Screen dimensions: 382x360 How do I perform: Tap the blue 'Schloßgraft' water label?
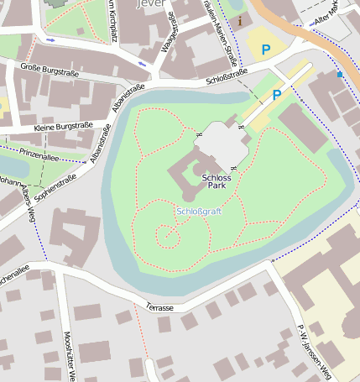click(x=199, y=211)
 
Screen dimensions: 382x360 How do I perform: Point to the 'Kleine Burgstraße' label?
click(x=63, y=126)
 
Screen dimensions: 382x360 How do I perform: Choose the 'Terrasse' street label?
click(x=159, y=308)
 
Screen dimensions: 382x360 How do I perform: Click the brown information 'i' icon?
click(x=241, y=20)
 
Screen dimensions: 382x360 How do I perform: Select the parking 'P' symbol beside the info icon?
click(x=266, y=50)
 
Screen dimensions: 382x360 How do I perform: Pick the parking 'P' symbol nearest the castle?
click(x=276, y=95)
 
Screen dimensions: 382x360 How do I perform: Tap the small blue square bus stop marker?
click(x=340, y=74)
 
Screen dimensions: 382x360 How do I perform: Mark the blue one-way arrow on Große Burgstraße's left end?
click(x=52, y=39)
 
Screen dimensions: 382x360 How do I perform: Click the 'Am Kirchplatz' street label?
click(x=112, y=18)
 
